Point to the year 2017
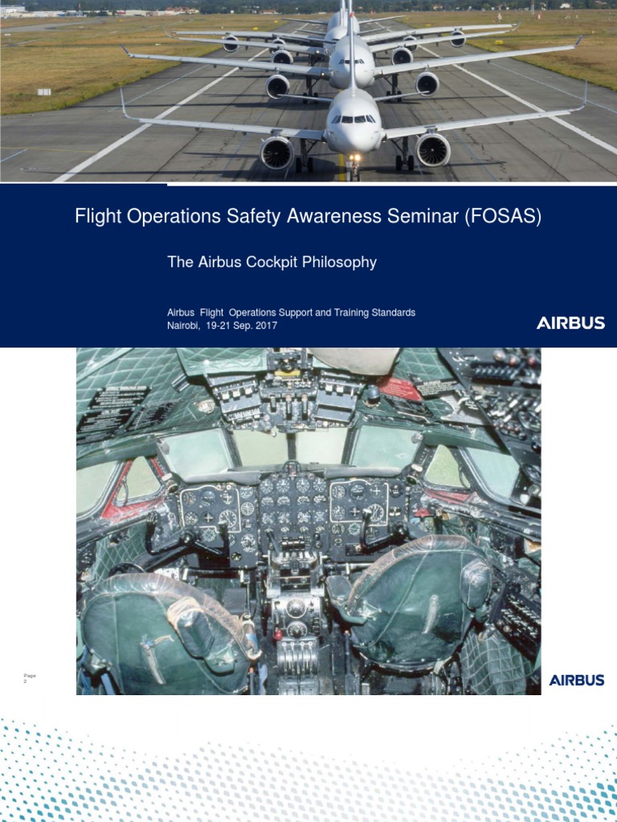[x=264, y=325]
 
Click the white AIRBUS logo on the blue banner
[x=570, y=323]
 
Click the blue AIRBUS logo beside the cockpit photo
[x=577, y=680]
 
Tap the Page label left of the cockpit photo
[x=31, y=676]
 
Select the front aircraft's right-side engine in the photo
[x=432, y=149]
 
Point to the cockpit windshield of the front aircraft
[x=353, y=119]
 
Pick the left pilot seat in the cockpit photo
[x=165, y=626]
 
